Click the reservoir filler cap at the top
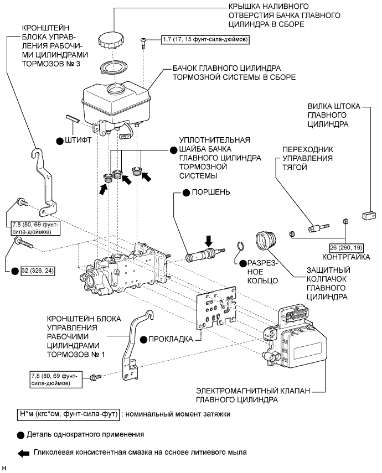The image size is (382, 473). coord(113,40)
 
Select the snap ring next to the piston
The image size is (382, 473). coord(239,247)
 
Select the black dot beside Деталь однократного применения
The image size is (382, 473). coord(21,434)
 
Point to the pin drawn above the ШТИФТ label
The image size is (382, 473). coord(74,118)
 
